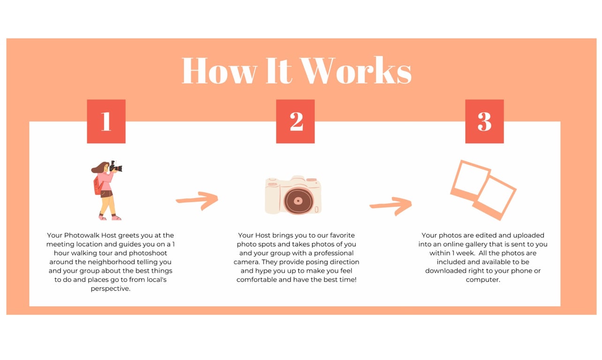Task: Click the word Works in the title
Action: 356,70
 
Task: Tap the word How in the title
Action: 219,70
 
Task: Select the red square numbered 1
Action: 106,121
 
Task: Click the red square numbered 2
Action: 295,121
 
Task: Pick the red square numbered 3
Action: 485,121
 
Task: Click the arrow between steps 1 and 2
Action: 197,200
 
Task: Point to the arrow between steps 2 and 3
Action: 391,205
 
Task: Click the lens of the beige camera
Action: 299,201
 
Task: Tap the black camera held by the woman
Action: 116,166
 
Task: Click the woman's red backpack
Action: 98,185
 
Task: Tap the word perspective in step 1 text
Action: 111,289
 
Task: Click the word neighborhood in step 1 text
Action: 111,262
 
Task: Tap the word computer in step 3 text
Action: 483,280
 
